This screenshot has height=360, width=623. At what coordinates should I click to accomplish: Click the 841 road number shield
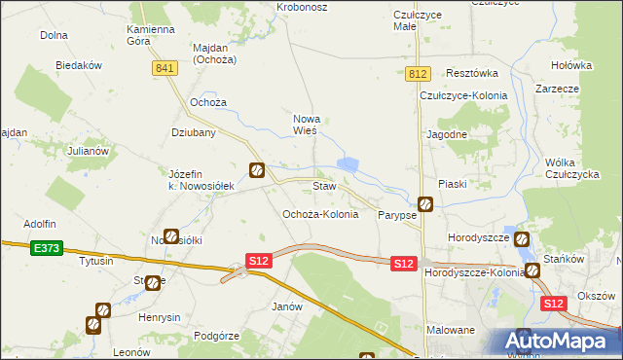165,67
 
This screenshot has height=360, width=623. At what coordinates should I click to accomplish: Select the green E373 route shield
45,248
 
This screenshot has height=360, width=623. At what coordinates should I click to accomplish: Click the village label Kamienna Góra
149,36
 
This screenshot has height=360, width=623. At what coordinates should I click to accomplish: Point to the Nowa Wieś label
307,124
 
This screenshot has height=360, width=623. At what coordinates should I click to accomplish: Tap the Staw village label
324,185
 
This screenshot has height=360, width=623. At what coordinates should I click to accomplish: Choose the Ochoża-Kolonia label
319,214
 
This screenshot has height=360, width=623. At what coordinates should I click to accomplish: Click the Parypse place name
397,215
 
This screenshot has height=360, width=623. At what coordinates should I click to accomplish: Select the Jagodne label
447,134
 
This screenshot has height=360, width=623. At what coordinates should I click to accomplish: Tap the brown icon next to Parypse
425,204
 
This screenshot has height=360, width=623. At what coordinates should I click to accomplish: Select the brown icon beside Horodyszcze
522,238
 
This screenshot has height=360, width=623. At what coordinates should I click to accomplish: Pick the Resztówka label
471,73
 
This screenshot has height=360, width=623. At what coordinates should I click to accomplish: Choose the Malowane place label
451,330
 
